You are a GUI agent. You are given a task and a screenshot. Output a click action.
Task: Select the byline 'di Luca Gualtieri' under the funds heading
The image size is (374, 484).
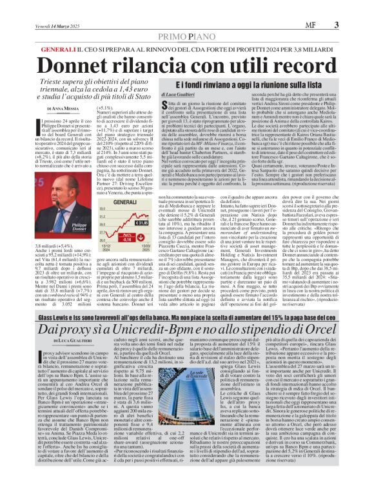(143, 95)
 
